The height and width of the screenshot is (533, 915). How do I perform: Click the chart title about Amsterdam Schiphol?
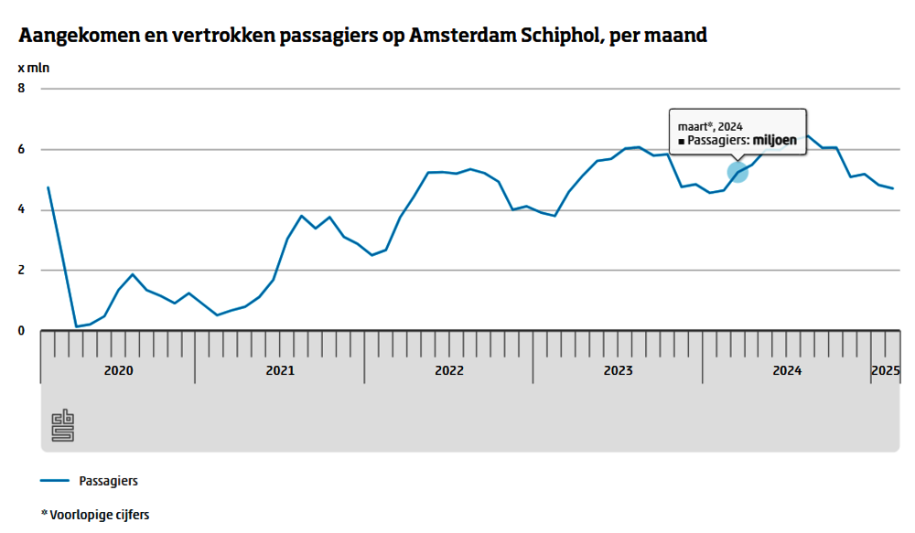click(362, 37)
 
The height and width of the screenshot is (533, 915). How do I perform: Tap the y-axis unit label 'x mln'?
click(35, 69)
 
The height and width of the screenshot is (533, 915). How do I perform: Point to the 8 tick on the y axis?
click(22, 89)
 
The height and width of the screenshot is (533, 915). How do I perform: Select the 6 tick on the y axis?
click(22, 149)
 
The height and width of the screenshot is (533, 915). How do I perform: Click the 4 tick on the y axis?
click(22, 209)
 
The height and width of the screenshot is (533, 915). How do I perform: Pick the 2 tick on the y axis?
click(22, 271)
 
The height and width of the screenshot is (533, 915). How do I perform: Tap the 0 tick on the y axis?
click(22, 331)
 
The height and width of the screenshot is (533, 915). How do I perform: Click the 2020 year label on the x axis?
click(119, 371)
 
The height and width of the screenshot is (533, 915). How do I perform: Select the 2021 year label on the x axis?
click(280, 371)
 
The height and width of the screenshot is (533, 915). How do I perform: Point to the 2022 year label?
click(449, 371)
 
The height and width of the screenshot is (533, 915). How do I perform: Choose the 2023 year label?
click(619, 371)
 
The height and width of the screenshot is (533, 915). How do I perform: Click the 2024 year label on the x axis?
click(787, 371)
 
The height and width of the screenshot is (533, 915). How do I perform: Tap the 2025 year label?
click(885, 371)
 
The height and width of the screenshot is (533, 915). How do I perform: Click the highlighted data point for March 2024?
click(737, 171)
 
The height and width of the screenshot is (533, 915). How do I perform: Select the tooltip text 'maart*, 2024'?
click(709, 125)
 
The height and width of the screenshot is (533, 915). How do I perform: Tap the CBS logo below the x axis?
click(62, 425)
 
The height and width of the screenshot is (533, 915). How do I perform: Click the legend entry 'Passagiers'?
click(109, 480)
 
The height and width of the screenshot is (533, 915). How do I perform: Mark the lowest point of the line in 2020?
click(76, 326)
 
